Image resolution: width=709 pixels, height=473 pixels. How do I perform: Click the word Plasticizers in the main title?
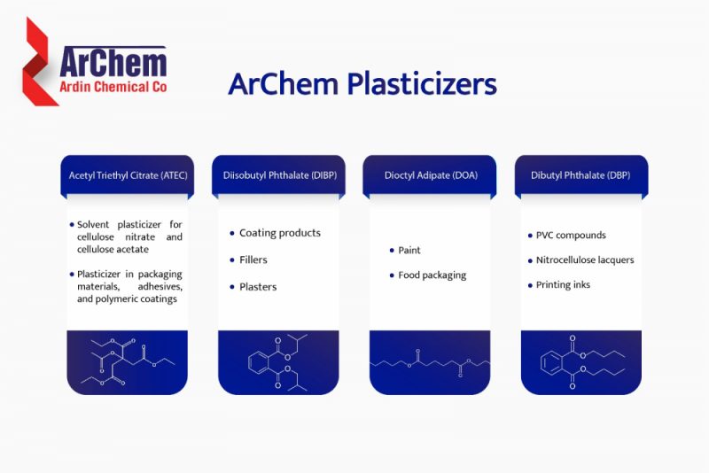[422, 84]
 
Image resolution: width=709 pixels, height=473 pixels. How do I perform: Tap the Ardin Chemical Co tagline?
[113, 87]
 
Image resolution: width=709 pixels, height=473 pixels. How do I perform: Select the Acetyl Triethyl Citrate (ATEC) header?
[128, 175]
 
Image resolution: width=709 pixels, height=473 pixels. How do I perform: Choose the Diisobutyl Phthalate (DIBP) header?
[279, 175]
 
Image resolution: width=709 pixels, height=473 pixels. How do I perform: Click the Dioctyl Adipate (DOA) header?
[431, 175]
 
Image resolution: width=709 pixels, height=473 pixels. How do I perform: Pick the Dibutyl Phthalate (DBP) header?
[580, 175]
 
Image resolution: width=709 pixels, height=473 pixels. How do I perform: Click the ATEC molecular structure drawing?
[128, 362]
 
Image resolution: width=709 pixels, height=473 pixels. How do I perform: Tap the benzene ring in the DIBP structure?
[259, 363]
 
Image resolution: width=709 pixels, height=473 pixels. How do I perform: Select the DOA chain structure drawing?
[430, 363]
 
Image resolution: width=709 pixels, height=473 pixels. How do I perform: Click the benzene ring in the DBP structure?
[551, 363]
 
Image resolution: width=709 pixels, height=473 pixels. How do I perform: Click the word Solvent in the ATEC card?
[93, 224]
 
